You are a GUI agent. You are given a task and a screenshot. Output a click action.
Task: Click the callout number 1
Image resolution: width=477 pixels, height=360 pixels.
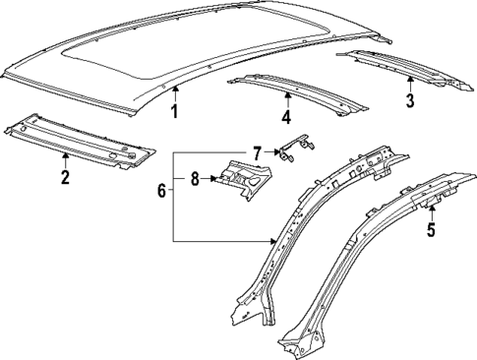point(174,111)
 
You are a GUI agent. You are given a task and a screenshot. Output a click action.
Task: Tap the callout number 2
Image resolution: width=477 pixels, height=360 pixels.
point(65,177)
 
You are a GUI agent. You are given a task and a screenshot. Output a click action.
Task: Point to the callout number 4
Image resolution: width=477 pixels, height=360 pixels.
point(287,119)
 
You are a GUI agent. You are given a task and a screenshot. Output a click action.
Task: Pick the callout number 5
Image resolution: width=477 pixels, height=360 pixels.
point(430,232)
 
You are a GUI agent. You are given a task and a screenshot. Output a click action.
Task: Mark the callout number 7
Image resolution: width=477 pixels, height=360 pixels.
point(256,152)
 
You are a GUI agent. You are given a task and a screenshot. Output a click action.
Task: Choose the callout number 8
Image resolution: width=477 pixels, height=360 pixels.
point(195,179)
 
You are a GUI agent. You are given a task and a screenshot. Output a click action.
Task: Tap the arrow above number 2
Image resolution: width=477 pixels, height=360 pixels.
point(65,158)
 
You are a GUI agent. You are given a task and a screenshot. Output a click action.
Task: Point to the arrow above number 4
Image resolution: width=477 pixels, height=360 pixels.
point(287,99)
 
